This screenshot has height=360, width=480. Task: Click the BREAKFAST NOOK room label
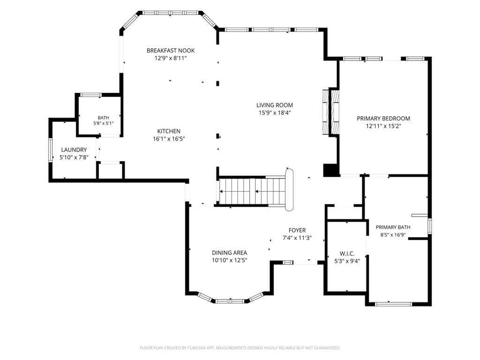[171, 51]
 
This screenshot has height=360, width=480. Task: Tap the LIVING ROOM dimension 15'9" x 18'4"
[275, 112]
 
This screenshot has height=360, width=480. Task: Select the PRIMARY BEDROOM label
[383, 119]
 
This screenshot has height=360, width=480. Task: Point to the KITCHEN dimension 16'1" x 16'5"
[169, 139]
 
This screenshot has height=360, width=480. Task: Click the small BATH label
[104, 118]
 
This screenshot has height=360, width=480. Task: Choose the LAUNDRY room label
[74, 150]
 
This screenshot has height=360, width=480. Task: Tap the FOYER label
[297, 230]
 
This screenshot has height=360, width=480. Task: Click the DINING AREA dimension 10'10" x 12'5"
[229, 260]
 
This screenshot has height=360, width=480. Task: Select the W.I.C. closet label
[347, 254]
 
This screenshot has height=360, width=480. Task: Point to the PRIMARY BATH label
[393, 227]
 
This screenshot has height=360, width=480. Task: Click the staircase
[253, 191]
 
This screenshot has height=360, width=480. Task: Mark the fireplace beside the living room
[330, 112]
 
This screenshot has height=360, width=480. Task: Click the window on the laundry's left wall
[51, 150]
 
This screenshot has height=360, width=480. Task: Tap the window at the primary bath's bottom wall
[393, 304]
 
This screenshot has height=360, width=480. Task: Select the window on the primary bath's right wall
[429, 226]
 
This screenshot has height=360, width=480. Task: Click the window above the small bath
[90, 95]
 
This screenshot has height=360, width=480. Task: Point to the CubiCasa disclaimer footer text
[240, 348]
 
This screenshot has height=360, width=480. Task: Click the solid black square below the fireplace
[330, 170]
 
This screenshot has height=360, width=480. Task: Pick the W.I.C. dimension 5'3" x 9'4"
[347, 261]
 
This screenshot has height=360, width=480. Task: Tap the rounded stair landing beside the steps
[289, 190]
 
